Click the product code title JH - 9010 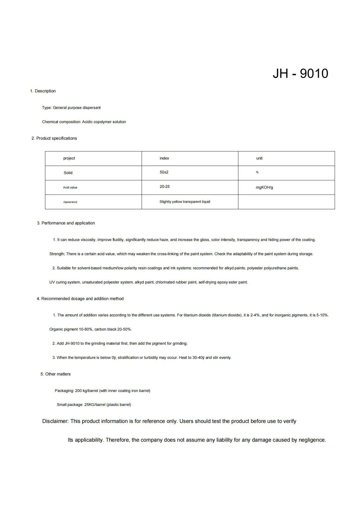point(300,74)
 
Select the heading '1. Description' point(43,91)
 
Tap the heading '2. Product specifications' point(54,138)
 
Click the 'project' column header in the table point(69,158)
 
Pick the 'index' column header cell point(164,158)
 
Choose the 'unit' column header point(259,158)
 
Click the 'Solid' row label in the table point(68,173)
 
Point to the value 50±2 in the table point(164,172)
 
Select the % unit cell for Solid point(257,172)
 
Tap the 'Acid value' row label point(70,188)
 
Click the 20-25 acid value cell point(165,187)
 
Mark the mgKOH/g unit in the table point(264,188)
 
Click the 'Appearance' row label point(70,202)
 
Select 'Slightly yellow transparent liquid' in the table point(185,202)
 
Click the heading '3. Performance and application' point(66,223)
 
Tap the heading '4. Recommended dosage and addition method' point(80,299)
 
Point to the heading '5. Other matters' point(55,374)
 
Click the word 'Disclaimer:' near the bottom point(55,421)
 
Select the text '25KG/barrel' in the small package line point(95,405)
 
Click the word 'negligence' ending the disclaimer point(312,440)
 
